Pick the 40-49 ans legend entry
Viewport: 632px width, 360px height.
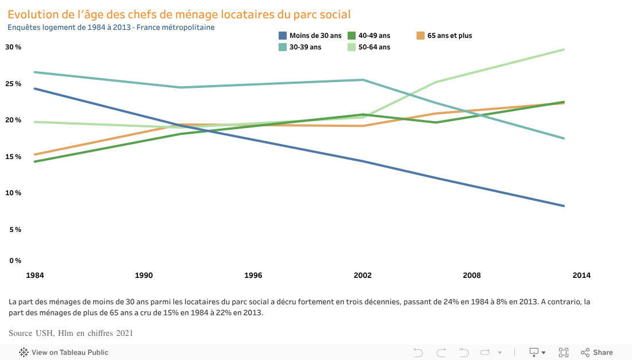(x=374, y=36)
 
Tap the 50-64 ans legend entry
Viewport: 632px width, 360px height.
(x=374, y=47)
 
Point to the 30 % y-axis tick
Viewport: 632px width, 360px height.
(x=13, y=47)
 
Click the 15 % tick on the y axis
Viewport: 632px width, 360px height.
(x=13, y=157)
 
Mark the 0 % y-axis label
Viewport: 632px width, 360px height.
(x=15, y=261)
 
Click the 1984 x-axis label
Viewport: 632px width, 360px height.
(x=35, y=276)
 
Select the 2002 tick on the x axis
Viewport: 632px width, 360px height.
(x=363, y=276)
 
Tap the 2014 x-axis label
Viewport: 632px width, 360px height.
(x=581, y=276)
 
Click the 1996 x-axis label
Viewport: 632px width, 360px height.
(x=253, y=276)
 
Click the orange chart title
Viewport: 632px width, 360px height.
(x=179, y=14)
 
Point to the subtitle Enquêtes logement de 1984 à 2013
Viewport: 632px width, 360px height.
(x=111, y=27)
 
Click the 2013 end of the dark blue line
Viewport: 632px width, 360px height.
(x=564, y=206)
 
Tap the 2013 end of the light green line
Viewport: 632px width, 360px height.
(x=564, y=49)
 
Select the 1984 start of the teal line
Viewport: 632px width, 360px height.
(x=36, y=72)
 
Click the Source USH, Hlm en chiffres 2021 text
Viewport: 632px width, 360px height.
(x=71, y=333)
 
